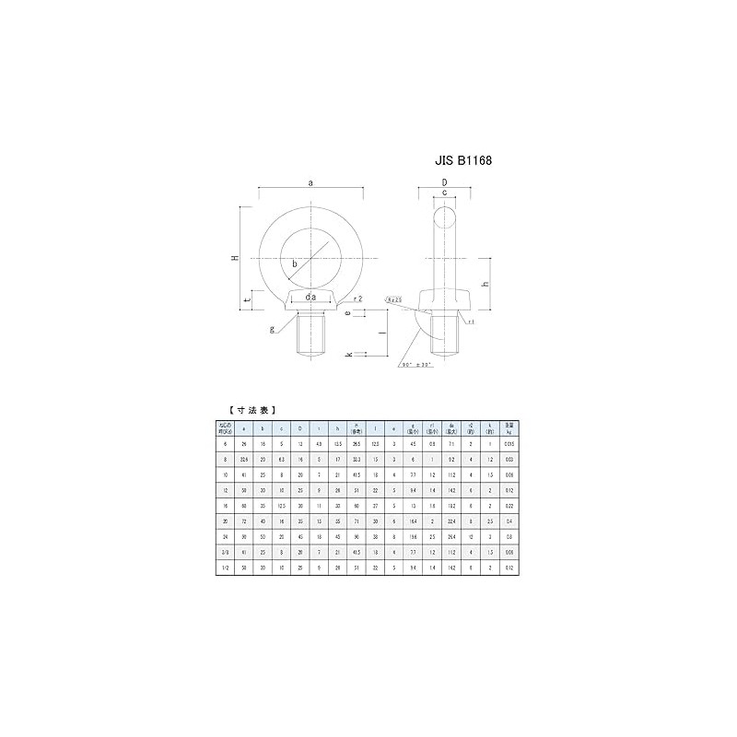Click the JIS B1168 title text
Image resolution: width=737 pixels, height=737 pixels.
pos(463,159)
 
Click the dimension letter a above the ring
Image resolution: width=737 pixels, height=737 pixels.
pos(310,183)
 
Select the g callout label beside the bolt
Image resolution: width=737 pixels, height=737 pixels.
pos(272,329)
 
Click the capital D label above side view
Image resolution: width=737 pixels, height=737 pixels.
pos(444,183)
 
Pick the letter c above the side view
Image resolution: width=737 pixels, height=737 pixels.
pos(444,193)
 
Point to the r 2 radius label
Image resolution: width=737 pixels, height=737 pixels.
pos(358,299)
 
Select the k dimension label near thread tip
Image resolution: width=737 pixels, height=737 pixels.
pos(348,354)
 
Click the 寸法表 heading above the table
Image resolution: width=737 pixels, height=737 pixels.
pos(250,409)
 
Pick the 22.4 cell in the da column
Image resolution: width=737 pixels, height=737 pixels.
pos(452,521)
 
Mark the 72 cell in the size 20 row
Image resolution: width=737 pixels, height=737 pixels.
pos(244,521)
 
